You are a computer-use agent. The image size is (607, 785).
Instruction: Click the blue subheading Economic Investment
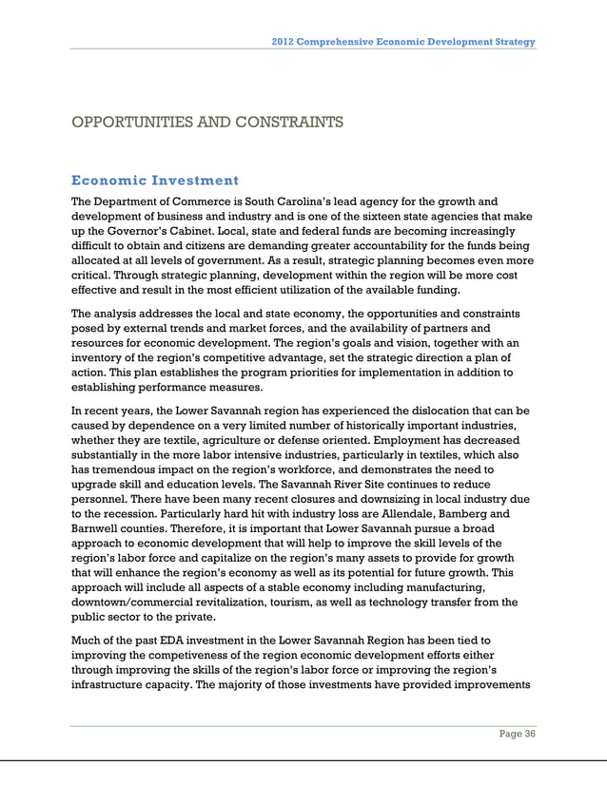pyautogui.click(x=155, y=180)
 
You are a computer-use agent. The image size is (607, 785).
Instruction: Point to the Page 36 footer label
pyautogui.click(x=518, y=744)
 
